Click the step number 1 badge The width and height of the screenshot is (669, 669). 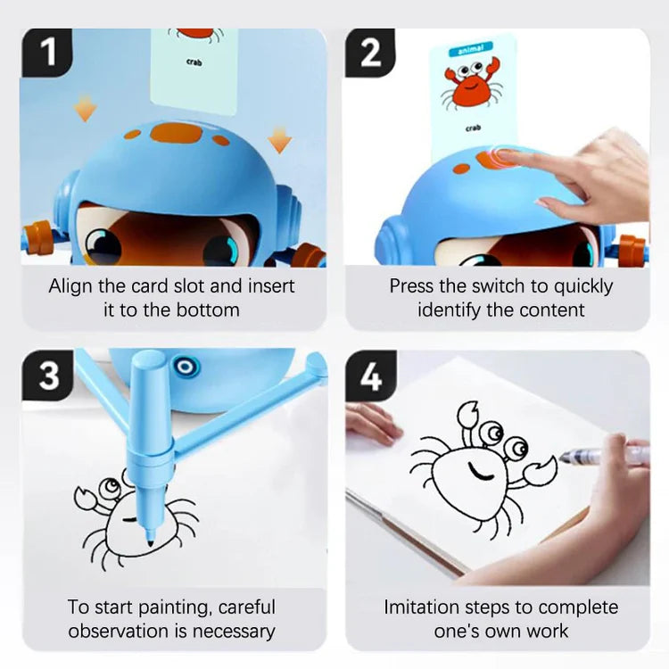tap(47, 52)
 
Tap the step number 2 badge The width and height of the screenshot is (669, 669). tap(369, 52)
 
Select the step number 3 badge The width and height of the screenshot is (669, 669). tap(48, 376)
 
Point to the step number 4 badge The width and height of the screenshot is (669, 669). tap(370, 376)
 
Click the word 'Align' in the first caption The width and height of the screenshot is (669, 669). tap(70, 286)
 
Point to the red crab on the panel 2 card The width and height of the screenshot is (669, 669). tap(472, 85)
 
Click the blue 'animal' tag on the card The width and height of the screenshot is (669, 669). tap(471, 49)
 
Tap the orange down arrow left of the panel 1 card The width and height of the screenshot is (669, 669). tap(85, 108)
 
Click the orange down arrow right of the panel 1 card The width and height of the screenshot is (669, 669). tap(280, 139)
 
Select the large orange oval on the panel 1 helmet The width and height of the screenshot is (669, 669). tap(177, 133)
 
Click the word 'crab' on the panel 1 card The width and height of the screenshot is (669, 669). tap(194, 62)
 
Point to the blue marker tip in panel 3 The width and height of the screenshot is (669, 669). tap(150, 542)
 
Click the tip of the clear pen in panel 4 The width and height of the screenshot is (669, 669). tap(560, 458)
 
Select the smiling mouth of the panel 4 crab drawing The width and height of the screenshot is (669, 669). tap(480, 472)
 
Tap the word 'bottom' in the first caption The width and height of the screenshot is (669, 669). tap(208, 310)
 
